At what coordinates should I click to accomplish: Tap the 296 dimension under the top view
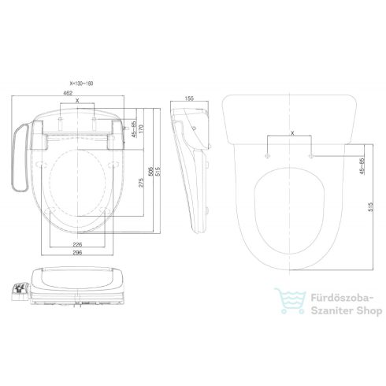coord(76,252)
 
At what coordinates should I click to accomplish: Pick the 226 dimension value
coord(76,243)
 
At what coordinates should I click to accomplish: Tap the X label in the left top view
coord(76,102)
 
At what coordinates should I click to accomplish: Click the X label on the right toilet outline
coord(291,134)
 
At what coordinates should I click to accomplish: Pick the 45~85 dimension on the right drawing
coord(361,168)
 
